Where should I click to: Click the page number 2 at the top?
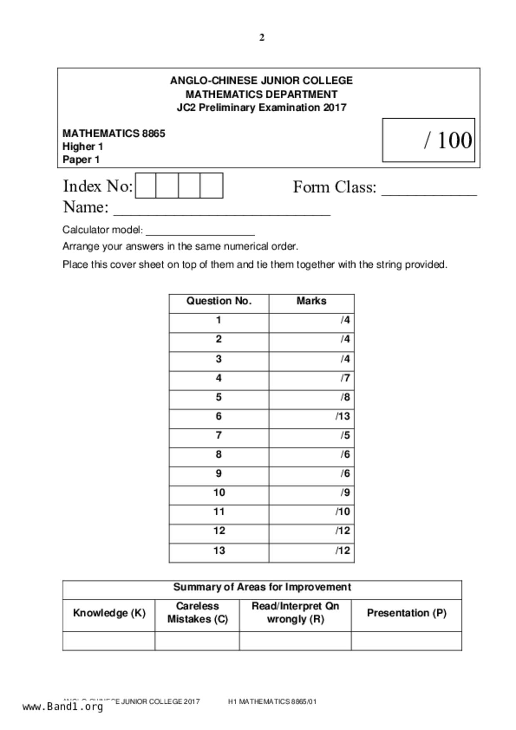tap(262, 37)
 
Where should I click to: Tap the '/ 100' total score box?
tap(429, 140)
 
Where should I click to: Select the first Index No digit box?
tap(146, 186)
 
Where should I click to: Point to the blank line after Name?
tap(222, 211)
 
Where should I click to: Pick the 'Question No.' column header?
tap(219, 301)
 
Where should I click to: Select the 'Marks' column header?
tap(311, 301)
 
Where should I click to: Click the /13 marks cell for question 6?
tap(312, 417)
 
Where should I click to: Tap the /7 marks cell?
tap(312, 378)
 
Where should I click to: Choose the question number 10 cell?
tap(219, 493)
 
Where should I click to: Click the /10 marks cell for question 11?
tap(312, 512)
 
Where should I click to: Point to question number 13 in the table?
tap(219, 551)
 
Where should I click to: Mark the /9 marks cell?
tap(312, 493)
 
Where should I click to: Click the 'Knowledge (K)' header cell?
tap(109, 613)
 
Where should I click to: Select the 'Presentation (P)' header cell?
tap(406, 613)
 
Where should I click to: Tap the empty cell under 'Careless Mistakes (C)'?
tap(197, 641)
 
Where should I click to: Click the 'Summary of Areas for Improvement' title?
tap(262, 587)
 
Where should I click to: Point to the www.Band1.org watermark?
tap(63, 707)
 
